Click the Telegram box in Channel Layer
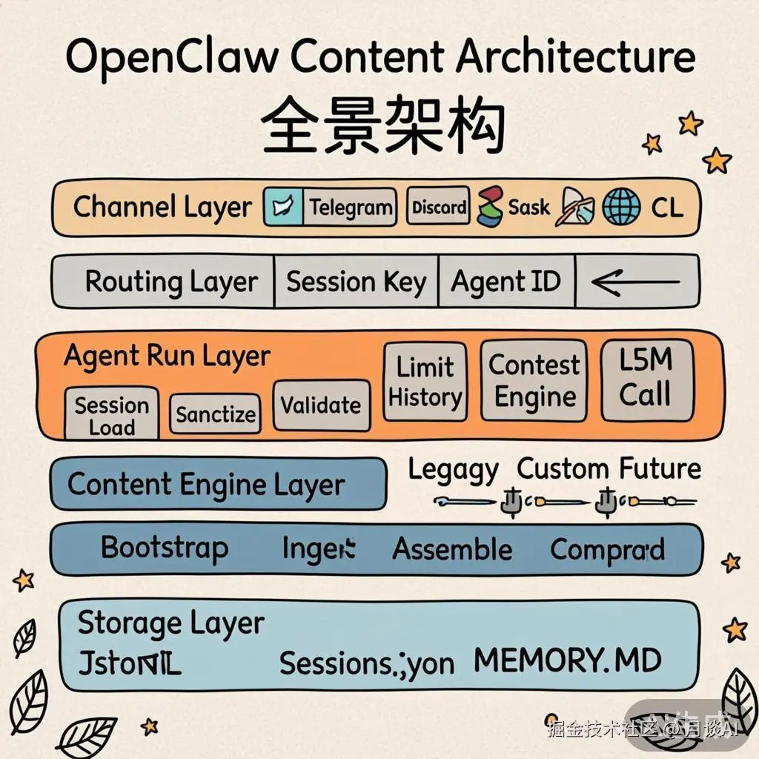[350, 207]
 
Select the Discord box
[439, 207]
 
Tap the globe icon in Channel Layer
[621, 207]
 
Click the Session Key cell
[357, 282]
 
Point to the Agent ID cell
[506, 282]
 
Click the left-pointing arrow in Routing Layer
[636, 282]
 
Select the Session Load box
[112, 415]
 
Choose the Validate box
[321, 405]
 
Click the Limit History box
[425, 382]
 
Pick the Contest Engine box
[534, 381]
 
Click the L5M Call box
[646, 379]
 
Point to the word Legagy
[453, 470]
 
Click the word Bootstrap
[165, 548]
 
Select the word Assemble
[452, 550]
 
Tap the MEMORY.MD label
[567, 660]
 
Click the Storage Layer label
[170, 624]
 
